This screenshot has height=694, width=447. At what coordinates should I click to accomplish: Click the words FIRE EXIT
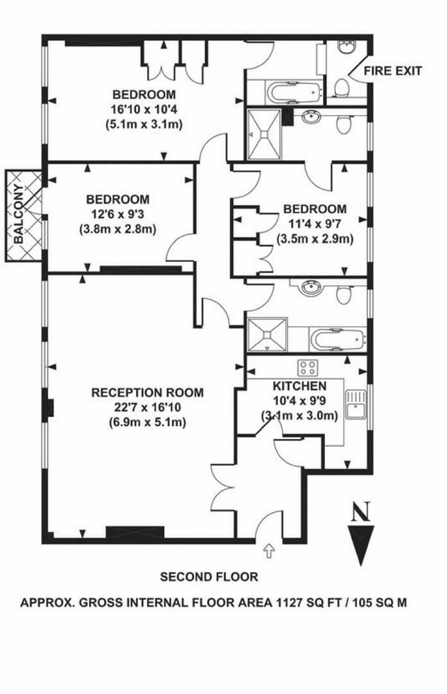coord(393,71)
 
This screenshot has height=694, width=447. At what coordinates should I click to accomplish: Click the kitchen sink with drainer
coord(355,404)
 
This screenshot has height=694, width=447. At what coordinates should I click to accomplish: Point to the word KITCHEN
coord(300,387)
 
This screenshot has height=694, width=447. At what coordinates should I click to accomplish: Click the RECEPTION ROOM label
coord(147,393)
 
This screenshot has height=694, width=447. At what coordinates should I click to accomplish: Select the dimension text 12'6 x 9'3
coord(118,214)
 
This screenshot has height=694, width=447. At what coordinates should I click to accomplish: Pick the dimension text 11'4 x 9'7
coord(315,224)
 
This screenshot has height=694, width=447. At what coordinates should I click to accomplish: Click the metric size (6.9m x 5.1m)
coord(147,422)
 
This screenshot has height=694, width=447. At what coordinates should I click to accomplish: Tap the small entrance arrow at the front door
coord(268,549)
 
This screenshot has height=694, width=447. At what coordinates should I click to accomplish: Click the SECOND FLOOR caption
coord(209,577)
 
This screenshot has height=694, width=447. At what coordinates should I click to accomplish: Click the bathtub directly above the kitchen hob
coord(337,337)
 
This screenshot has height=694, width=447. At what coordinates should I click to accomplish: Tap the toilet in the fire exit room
coord(342,86)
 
